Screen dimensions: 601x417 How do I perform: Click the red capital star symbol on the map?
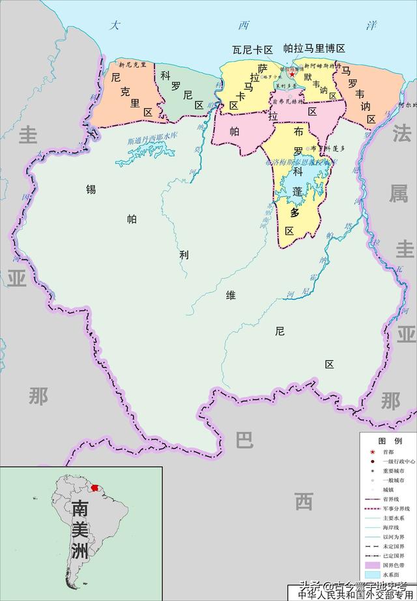(293, 74)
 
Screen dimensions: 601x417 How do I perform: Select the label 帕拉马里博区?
(314, 49)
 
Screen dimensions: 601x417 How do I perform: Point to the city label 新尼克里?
(132, 65)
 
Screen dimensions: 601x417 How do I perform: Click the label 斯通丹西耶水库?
(152, 138)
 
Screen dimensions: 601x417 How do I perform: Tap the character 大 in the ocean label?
(115, 26)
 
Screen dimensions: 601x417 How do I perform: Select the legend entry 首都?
(388, 452)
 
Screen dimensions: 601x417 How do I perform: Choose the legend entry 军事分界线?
(395, 508)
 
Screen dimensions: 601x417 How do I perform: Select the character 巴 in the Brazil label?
(244, 441)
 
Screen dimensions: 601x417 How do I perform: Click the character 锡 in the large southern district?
(91, 190)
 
